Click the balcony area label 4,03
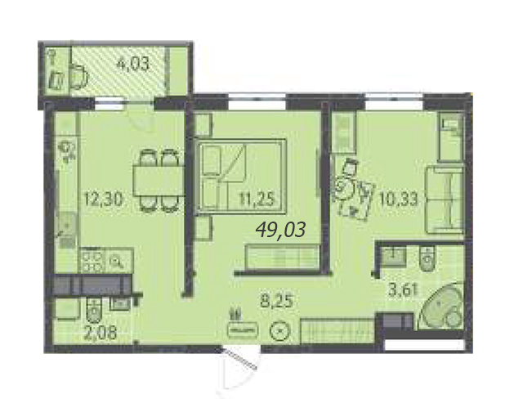point(132,64)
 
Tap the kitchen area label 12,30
point(104,199)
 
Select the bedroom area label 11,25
point(257,199)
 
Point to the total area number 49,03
point(280,230)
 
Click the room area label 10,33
point(398,199)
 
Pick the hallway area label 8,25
point(276,301)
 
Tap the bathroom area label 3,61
point(403,289)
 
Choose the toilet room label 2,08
point(100,333)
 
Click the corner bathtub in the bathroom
point(441,306)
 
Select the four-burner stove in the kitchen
point(92,261)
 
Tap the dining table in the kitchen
point(159,181)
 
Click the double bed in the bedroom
point(242,176)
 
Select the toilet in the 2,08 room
point(94,310)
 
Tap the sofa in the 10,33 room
point(445,199)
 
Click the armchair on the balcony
point(79,77)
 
